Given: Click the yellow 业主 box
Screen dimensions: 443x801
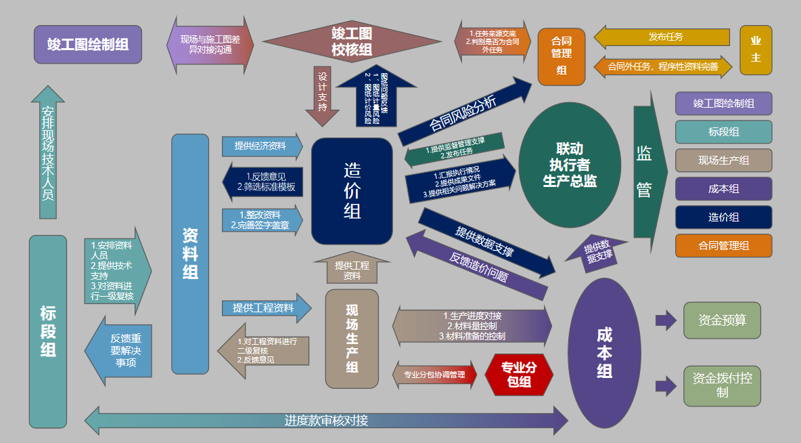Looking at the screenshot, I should [756, 49].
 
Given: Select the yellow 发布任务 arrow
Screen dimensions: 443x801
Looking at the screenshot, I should [663, 37].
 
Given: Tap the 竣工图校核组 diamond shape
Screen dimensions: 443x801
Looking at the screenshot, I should [351, 41].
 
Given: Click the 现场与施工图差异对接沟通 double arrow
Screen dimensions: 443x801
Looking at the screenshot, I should [210, 45].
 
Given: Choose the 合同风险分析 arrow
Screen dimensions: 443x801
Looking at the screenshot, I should [467, 112].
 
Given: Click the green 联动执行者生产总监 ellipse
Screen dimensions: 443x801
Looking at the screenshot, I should [570, 165].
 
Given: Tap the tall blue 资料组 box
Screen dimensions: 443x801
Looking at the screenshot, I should [190, 254].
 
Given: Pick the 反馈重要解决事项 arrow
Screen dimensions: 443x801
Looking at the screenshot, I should [119, 350].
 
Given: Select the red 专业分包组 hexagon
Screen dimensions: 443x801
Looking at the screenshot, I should [519, 375].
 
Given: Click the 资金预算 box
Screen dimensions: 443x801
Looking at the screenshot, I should [722, 320].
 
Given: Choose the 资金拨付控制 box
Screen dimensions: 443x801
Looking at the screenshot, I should [722, 386].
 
